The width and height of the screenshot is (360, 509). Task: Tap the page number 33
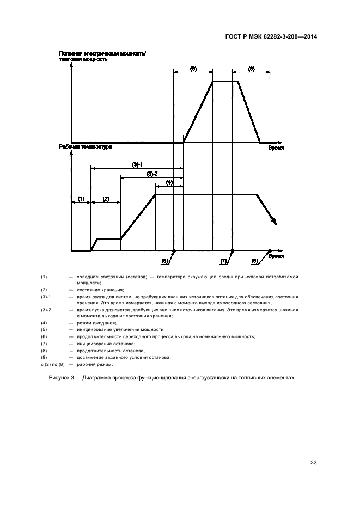[x=313, y=463]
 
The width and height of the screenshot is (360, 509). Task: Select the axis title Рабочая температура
[x=85, y=147]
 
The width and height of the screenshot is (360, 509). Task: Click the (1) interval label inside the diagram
[x=81, y=199]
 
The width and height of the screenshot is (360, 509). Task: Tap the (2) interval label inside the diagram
[x=106, y=199]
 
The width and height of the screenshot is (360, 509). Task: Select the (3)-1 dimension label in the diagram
[x=137, y=164]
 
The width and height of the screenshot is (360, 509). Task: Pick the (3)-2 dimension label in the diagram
[x=152, y=174]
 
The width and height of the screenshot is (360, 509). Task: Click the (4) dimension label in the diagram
[x=169, y=183]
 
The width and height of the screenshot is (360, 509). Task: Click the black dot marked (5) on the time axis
[x=174, y=251]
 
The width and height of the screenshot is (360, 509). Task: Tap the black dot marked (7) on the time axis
[x=233, y=251]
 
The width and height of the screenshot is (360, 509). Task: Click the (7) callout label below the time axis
[x=223, y=261]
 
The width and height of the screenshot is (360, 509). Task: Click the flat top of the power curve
[x=225, y=81]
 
